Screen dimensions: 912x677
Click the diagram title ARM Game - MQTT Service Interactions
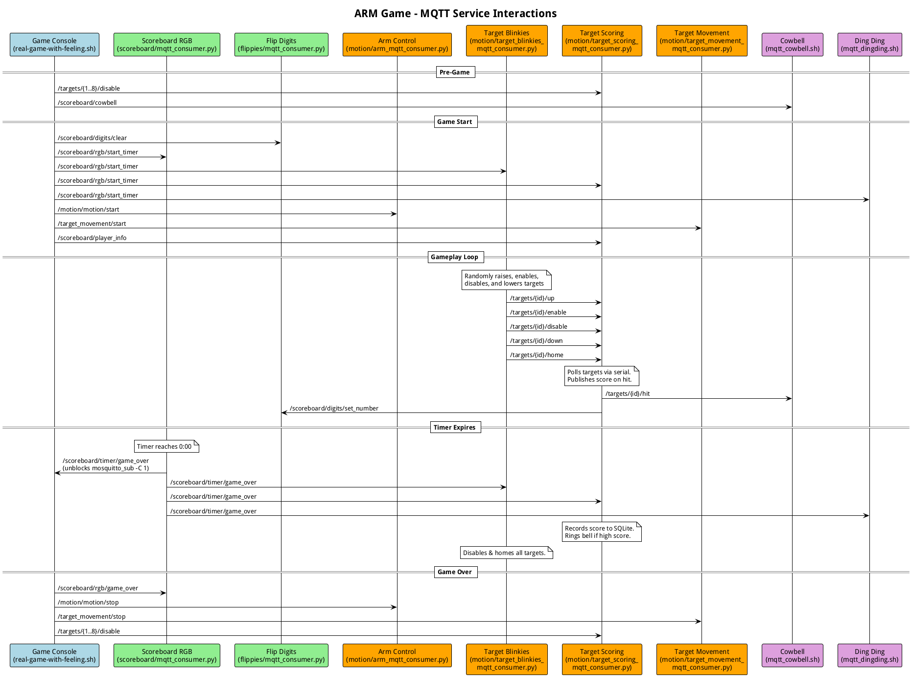click(x=455, y=13)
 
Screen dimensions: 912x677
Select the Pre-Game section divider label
click(x=455, y=73)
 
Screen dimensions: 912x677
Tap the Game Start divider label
click(x=455, y=122)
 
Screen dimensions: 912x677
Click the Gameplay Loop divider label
click(x=455, y=257)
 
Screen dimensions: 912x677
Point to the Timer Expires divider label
click(x=455, y=428)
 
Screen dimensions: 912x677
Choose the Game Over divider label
click(x=455, y=572)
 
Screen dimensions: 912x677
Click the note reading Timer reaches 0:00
click(x=166, y=447)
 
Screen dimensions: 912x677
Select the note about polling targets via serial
click(x=601, y=376)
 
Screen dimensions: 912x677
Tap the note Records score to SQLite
click(x=601, y=532)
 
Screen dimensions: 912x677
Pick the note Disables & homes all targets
click(x=506, y=553)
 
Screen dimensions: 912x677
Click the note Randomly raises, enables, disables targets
click(x=506, y=280)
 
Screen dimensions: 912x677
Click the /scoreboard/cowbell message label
click(x=87, y=103)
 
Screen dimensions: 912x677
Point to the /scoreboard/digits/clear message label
click(x=92, y=138)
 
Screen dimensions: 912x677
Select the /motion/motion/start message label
click(x=89, y=210)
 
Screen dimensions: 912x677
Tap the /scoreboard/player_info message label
click(x=92, y=238)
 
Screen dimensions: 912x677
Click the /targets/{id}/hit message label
click(x=628, y=394)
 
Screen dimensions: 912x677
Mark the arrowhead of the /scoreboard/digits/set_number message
click(x=284, y=413)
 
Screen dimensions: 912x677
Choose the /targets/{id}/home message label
click(x=537, y=355)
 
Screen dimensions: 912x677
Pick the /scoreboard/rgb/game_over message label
click(x=98, y=588)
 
